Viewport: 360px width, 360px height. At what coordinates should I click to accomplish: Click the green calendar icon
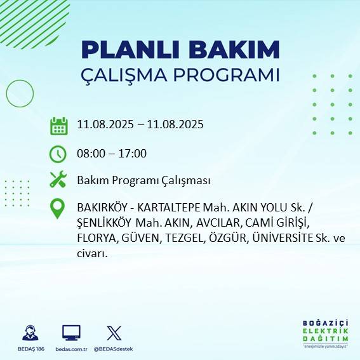[58, 125]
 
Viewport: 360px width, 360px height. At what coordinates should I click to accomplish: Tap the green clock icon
[58, 154]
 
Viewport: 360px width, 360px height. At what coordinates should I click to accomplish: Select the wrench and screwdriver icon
[58, 180]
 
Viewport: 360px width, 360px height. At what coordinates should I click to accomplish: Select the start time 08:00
[90, 154]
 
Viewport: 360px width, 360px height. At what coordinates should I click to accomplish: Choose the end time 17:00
[133, 154]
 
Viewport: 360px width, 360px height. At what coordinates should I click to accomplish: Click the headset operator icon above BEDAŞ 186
[29, 333]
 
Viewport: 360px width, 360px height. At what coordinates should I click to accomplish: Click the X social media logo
[114, 333]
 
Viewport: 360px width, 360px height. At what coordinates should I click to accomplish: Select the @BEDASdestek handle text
[114, 349]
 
